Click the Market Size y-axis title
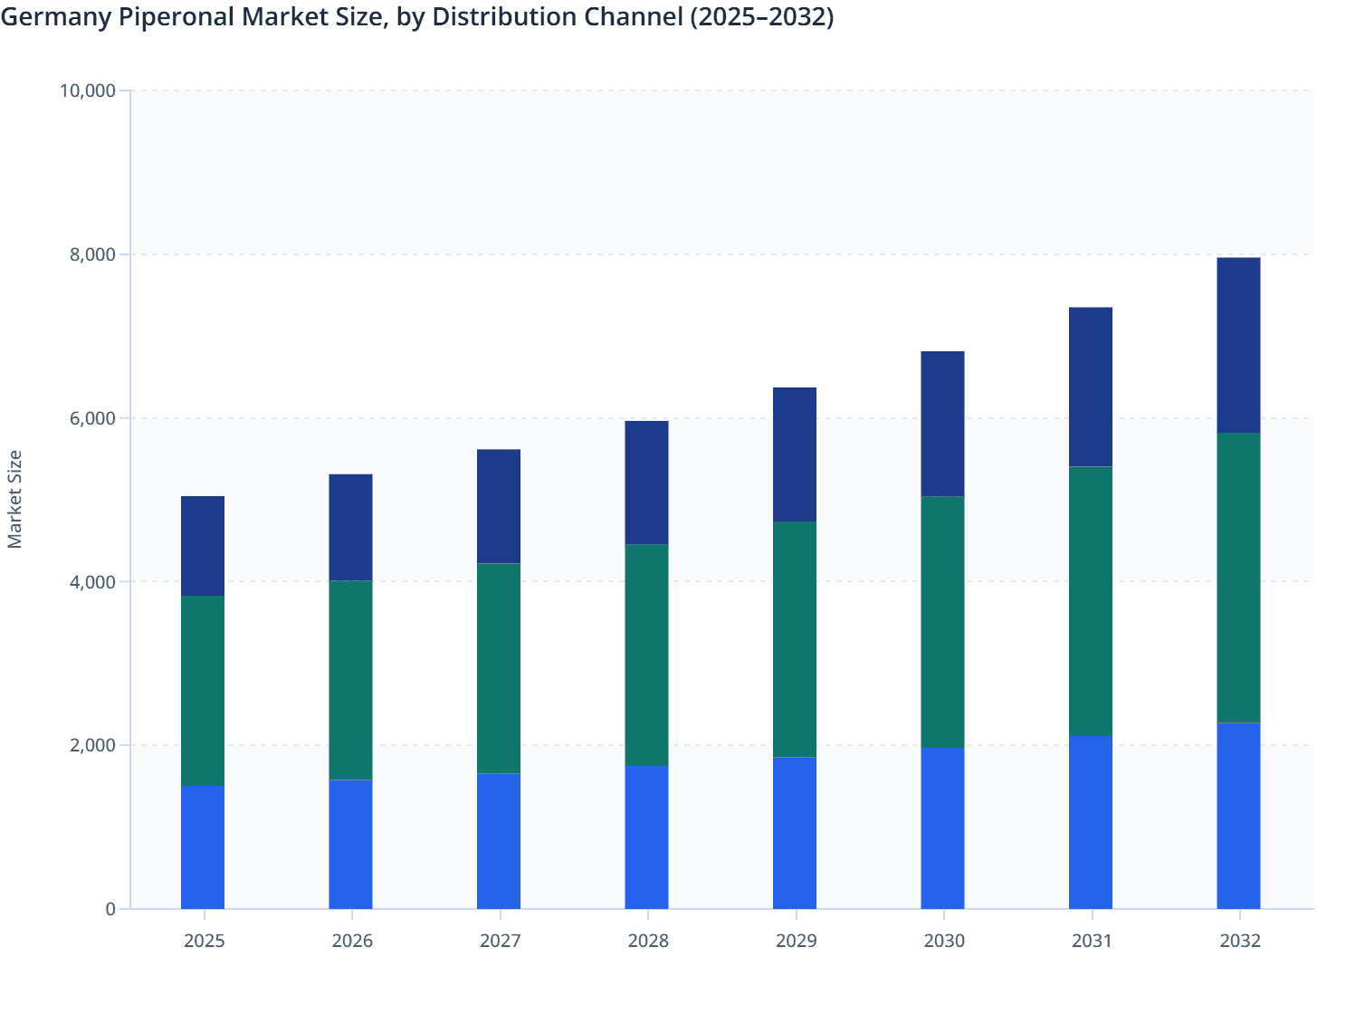click(x=14, y=499)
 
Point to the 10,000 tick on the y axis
click(x=87, y=91)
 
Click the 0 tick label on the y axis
click(x=110, y=909)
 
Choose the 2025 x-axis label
click(x=204, y=941)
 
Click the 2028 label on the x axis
click(x=648, y=941)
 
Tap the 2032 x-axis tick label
click(x=1239, y=941)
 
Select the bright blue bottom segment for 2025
click(x=203, y=847)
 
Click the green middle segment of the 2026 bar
click(x=350, y=679)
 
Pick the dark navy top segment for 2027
click(x=499, y=506)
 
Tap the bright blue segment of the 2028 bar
click(x=646, y=837)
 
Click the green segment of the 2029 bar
click(x=795, y=638)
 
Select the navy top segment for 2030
click(x=942, y=423)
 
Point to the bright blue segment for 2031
click(x=1091, y=822)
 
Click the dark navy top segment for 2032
click(x=1238, y=345)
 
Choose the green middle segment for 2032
click(x=1238, y=578)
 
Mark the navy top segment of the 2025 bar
click(x=203, y=546)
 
